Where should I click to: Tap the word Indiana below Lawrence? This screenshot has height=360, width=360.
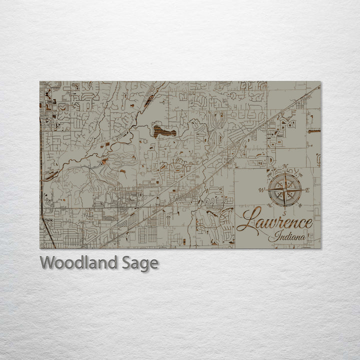click(x=287, y=237)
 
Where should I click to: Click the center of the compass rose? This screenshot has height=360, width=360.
click(x=285, y=190)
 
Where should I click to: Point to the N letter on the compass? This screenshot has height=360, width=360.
click(x=285, y=166)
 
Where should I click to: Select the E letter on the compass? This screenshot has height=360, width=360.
click(x=307, y=190)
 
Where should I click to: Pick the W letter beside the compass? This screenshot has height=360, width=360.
click(x=261, y=190)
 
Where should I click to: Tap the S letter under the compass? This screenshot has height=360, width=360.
click(x=284, y=212)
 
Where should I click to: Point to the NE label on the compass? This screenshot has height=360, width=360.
click(x=301, y=174)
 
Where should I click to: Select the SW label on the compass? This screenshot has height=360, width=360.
click(x=269, y=206)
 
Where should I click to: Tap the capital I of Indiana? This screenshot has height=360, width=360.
click(x=271, y=237)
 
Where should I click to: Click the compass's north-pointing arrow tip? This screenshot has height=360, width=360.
click(x=285, y=172)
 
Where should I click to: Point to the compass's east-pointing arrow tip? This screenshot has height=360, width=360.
click(x=302, y=190)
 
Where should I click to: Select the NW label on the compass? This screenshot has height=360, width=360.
click(x=269, y=174)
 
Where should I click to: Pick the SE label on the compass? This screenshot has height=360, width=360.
click(x=301, y=206)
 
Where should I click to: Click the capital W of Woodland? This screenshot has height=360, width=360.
click(x=47, y=262)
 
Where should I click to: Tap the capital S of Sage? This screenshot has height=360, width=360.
click(x=126, y=262)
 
